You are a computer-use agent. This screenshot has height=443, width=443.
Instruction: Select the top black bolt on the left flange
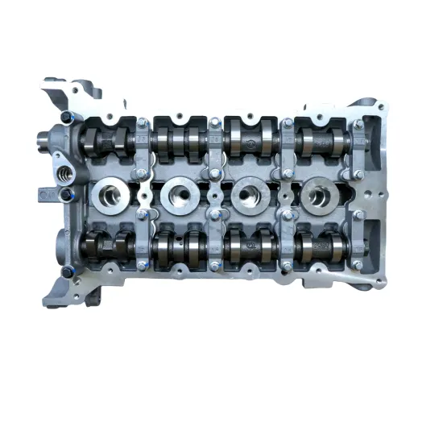(64, 118)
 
